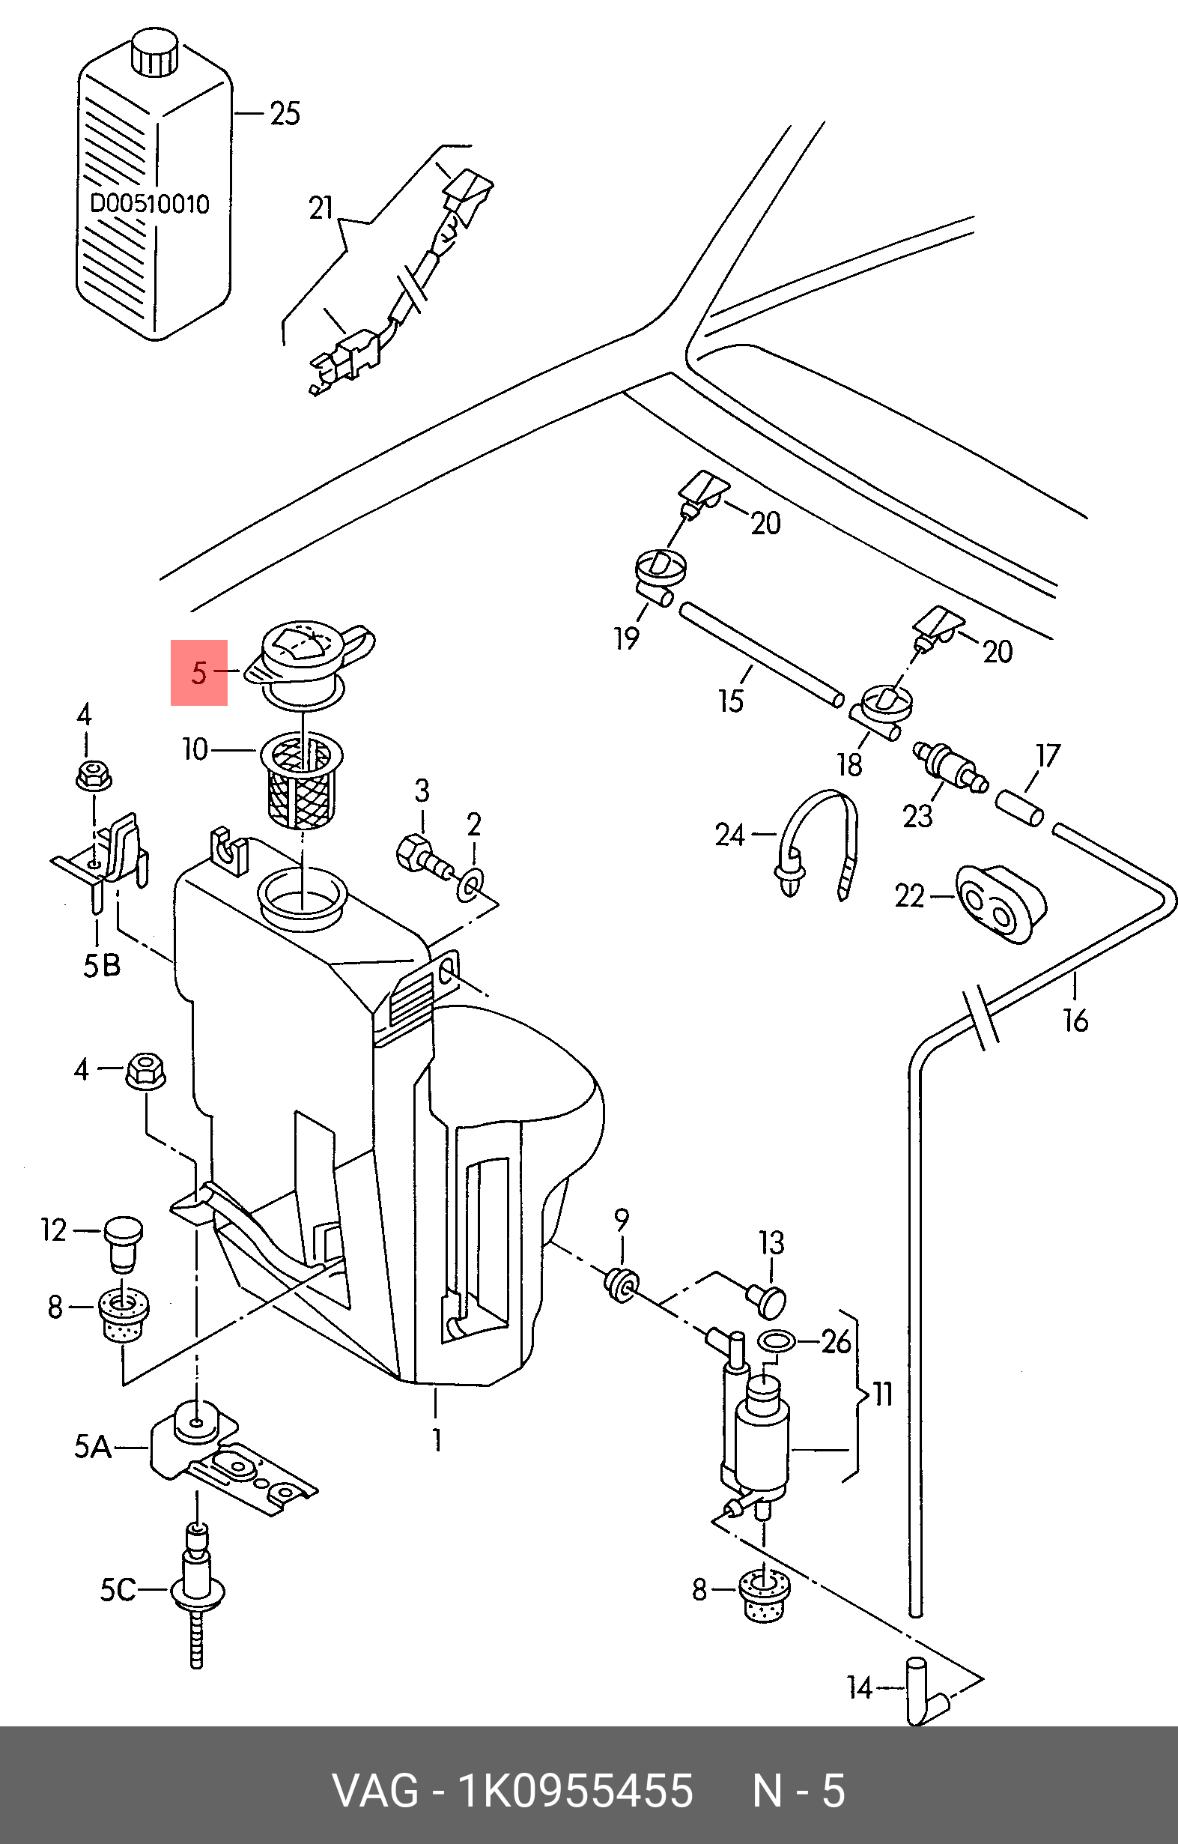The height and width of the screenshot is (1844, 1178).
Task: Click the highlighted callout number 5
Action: point(199,672)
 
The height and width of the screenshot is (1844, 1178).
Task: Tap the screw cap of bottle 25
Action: point(154,53)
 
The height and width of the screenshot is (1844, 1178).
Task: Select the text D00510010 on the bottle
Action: point(149,204)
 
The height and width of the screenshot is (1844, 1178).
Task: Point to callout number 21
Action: point(321,208)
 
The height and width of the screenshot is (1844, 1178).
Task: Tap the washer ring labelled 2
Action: point(469,883)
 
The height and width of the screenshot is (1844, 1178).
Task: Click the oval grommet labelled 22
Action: point(1001,904)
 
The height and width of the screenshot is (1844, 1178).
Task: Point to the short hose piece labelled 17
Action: point(1019,808)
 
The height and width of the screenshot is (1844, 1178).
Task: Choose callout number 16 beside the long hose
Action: point(1075,1020)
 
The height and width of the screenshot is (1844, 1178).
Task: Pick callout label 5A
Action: point(93,1447)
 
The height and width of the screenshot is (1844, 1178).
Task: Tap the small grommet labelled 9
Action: point(621,1285)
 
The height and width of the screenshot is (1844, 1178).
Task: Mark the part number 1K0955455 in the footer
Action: point(574,1790)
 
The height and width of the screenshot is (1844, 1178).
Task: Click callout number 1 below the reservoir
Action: point(437,1439)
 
